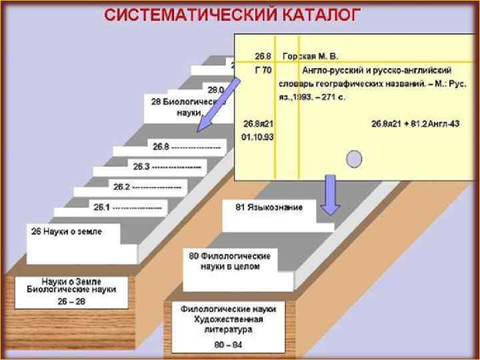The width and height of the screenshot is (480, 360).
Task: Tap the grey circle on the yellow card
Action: pos(355,158)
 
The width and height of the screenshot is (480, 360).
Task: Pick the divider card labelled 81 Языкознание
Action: pos(269,208)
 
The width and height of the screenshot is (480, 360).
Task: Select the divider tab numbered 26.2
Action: pos(147,187)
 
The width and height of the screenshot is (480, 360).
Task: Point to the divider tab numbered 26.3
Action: pos(167,166)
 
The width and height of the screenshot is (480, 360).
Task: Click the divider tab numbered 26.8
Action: pos(187,146)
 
